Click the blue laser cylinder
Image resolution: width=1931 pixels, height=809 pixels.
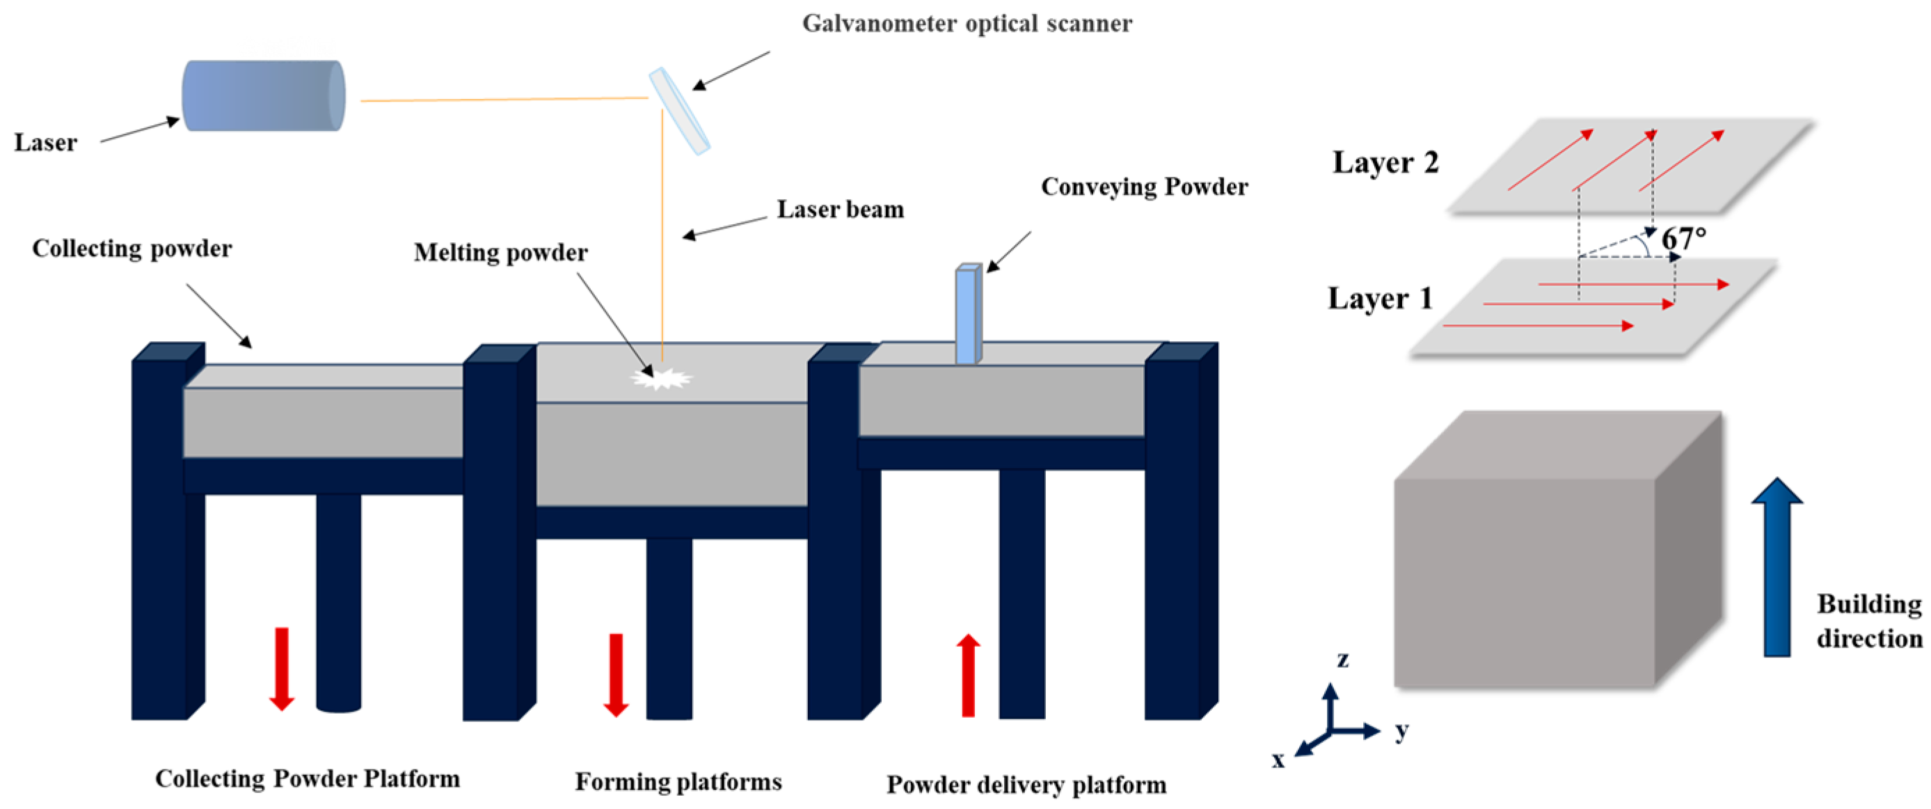pos(263,95)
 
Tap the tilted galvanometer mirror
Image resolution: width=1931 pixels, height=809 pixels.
pos(679,111)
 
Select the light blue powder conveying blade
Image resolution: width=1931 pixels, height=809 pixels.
pos(968,315)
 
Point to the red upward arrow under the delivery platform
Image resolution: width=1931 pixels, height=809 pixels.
pos(968,675)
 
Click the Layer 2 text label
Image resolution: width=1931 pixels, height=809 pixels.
pos(1385,163)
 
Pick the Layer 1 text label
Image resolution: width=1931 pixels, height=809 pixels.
pos(1380,299)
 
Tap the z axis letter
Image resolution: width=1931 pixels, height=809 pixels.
pos(1342,659)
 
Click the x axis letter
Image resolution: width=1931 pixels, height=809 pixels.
pos(1278,760)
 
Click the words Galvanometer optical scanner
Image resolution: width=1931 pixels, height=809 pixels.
pos(967,23)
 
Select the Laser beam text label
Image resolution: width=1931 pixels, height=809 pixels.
pos(841,209)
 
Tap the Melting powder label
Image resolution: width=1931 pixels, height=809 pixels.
pos(501,253)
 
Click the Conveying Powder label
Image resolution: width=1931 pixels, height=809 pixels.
pos(1145,187)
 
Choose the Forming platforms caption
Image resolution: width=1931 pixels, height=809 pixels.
pos(678,782)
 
